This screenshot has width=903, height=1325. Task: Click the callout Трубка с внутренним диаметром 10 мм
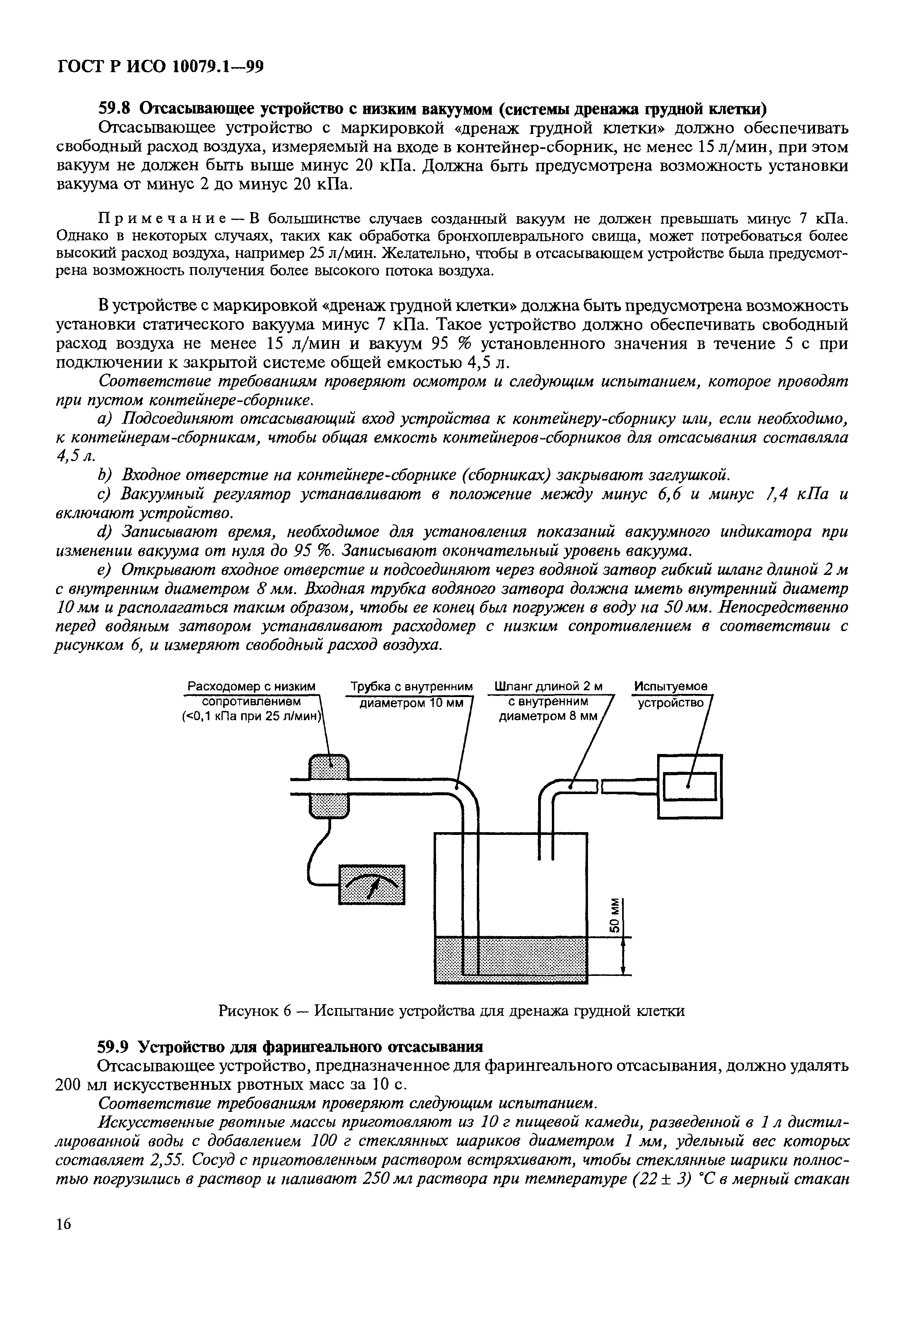(x=412, y=694)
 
